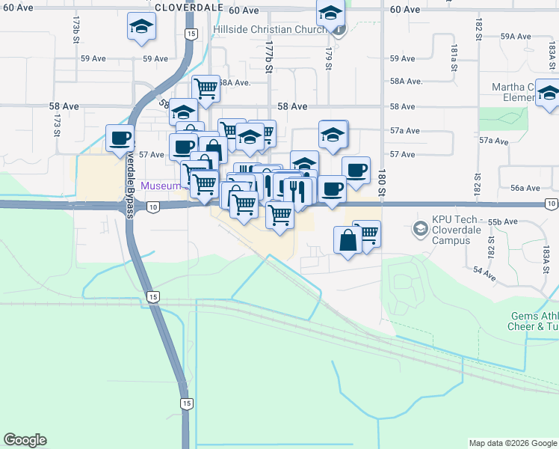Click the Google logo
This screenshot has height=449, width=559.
coord(25,440)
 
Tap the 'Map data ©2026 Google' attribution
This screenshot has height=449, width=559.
coord(512,443)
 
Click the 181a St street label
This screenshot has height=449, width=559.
coord(453,55)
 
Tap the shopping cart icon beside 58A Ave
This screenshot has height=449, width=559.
coord(206,88)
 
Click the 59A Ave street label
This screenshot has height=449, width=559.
coord(515,36)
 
